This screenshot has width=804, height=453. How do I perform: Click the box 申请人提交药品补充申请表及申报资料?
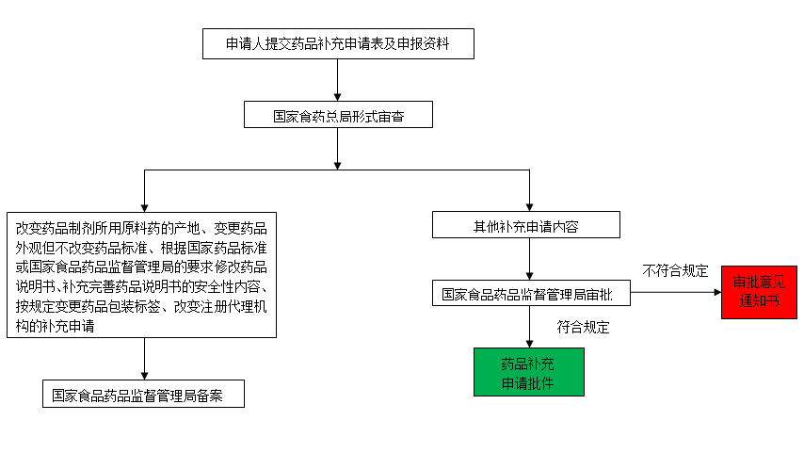pos(338,44)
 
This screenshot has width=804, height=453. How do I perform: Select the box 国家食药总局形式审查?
pos(338,116)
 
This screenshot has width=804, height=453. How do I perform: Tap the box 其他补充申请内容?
pos(525,225)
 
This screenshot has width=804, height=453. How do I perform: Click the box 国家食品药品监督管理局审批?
pos(531,294)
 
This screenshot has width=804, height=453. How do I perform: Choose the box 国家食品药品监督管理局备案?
pos(143,394)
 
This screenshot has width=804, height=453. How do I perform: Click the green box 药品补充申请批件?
pos(528,372)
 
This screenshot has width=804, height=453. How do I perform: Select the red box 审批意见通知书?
pos(759,293)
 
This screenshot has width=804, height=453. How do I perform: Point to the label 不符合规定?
pos(675,270)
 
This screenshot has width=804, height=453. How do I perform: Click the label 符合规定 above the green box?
pos(583,328)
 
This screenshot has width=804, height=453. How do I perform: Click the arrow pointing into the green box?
pos(529,342)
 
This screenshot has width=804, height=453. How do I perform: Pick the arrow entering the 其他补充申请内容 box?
pos(529,205)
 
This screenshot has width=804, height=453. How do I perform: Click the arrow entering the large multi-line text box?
pos(143,205)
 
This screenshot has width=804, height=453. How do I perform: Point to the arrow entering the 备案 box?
pos(143,373)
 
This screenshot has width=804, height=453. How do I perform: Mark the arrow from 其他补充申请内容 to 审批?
pos(529,273)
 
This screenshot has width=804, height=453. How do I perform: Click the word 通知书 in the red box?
pos(759,301)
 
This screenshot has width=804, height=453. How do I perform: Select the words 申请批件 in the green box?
pos(528,381)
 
